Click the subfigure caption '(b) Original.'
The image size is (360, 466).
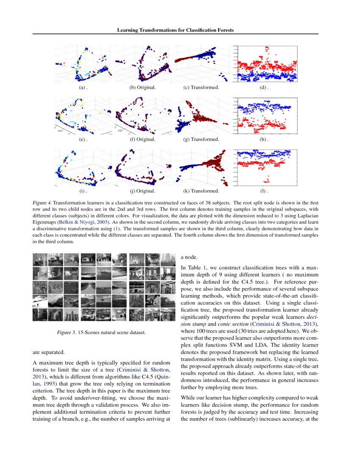point(142,88)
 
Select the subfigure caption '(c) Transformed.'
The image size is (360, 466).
point(201,88)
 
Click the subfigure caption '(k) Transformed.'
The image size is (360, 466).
point(201,191)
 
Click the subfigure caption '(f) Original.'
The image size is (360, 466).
point(142,139)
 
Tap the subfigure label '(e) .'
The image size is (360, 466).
point(83,139)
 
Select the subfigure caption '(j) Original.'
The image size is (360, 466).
point(142,191)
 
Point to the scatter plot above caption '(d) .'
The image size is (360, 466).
point(266,64)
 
